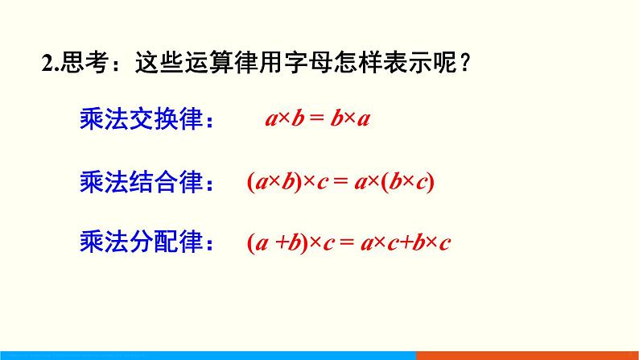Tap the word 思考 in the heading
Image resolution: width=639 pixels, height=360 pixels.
tap(78, 63)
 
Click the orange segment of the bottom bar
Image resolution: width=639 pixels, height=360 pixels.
tap(527, 355)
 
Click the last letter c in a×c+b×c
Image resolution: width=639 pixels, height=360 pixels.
tap(443, 242)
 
